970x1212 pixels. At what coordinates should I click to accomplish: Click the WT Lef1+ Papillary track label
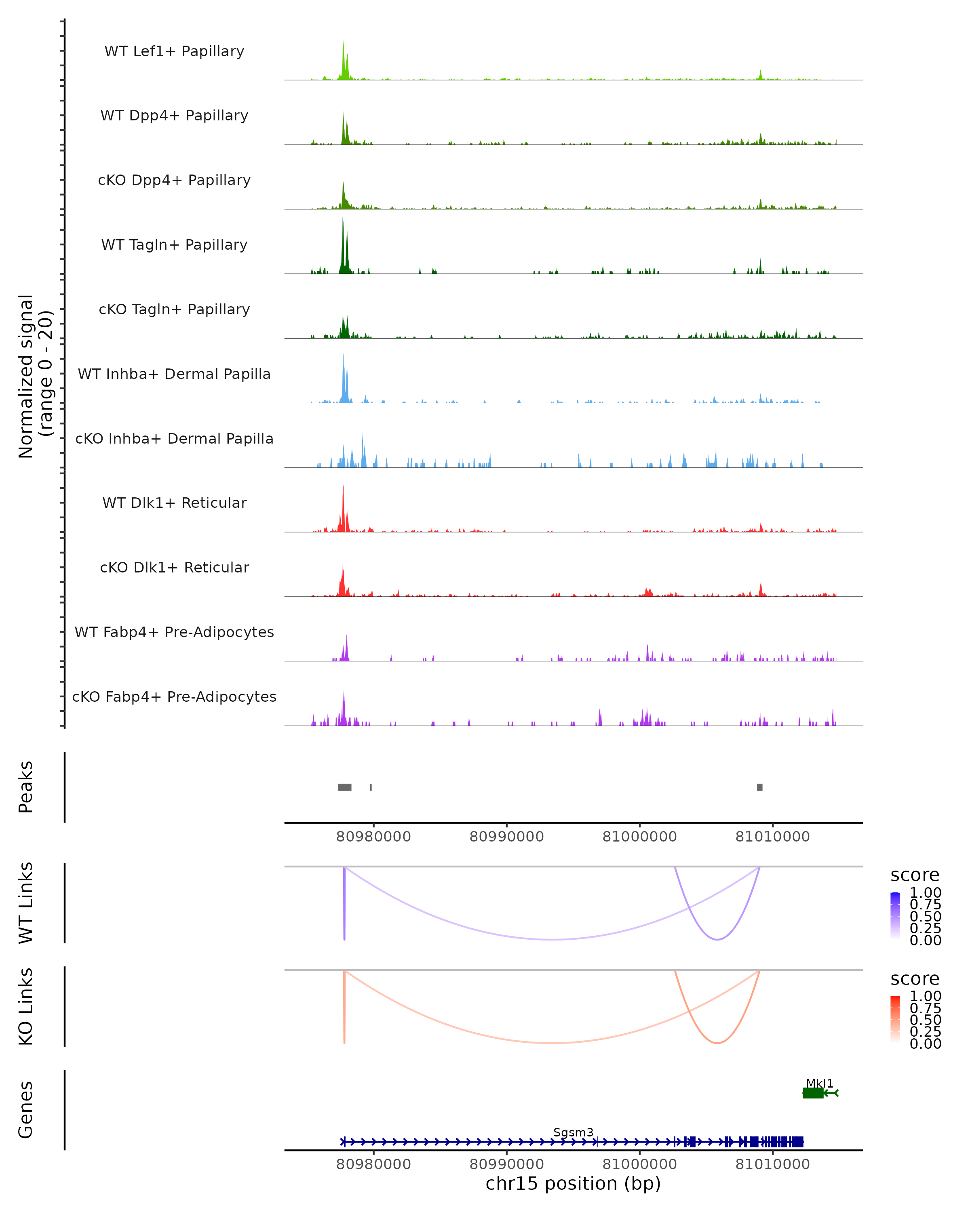tap(174, 51)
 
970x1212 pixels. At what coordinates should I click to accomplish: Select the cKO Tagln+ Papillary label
tap(174, 309)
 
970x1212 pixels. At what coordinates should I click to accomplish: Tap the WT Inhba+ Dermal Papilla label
tap(174, 374)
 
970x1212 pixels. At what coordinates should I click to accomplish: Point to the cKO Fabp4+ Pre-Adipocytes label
tap(174, 696)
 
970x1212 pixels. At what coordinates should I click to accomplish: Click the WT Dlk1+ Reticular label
tap(174, 503)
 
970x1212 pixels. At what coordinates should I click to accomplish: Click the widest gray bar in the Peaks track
tap(345, 787)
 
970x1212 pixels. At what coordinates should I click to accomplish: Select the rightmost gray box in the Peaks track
tap(760, 787)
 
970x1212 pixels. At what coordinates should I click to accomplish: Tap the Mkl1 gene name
tap(819, 1083)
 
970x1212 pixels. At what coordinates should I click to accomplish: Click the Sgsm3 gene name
tap(573, 1132)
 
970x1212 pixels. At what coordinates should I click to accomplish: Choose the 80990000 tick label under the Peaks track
tap(507, 837)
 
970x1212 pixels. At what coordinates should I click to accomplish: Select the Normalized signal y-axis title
tap(35, 376)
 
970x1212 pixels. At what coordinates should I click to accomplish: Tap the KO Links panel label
tap(26, 1007)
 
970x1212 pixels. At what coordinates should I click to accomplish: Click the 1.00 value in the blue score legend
tap(926, 893)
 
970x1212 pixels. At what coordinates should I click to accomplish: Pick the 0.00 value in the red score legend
tap(926, 1044)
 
